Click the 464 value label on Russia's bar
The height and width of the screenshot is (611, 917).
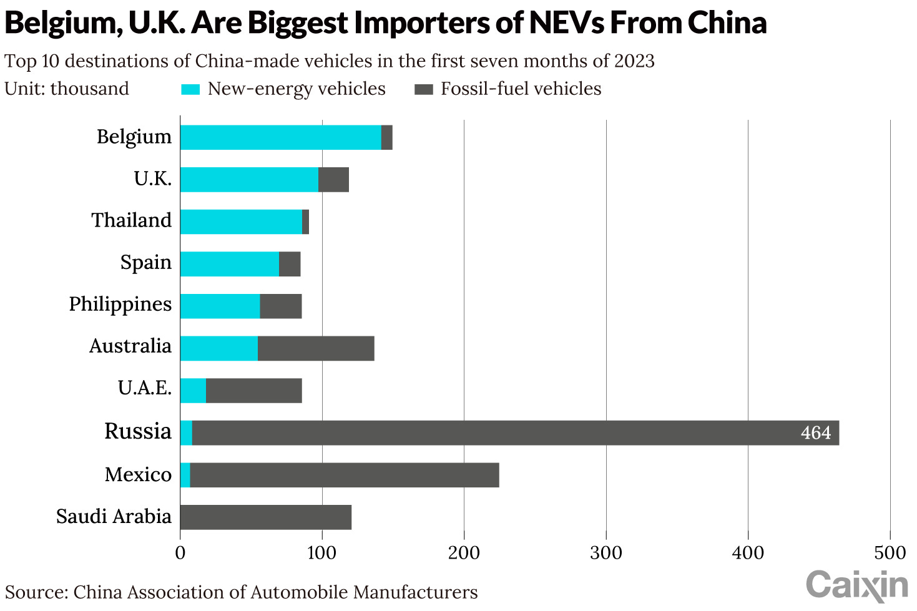(x=815, y=433)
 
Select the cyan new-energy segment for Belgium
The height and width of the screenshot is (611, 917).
(x=280, y=137)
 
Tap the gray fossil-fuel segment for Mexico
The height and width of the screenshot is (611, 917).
(x=344, y=475)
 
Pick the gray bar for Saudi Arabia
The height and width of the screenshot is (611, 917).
(x=265, y=517)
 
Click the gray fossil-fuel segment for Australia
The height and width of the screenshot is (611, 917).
(x=316, y=348)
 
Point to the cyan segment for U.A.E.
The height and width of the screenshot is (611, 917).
(x=193, y=391)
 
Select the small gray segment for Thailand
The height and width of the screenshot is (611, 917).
(x=305, y=222)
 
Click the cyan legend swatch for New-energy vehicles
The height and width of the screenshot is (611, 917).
(x=190, y=89)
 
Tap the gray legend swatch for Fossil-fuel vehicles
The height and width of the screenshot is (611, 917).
(x=423, y=89)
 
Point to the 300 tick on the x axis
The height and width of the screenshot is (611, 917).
(x=606, y=553)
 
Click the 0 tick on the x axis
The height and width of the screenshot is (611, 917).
(x=180, y=553)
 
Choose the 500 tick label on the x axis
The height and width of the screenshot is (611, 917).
(x=890, y=553)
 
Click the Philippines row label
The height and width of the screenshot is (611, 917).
(x=120, y=305)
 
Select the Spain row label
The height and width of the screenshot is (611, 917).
(x=145, y=263)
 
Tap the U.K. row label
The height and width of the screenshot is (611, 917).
(x=152, y=179)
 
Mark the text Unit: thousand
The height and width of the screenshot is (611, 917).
(x=67, y=89)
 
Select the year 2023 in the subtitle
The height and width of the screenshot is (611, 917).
(x=634, y=61)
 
